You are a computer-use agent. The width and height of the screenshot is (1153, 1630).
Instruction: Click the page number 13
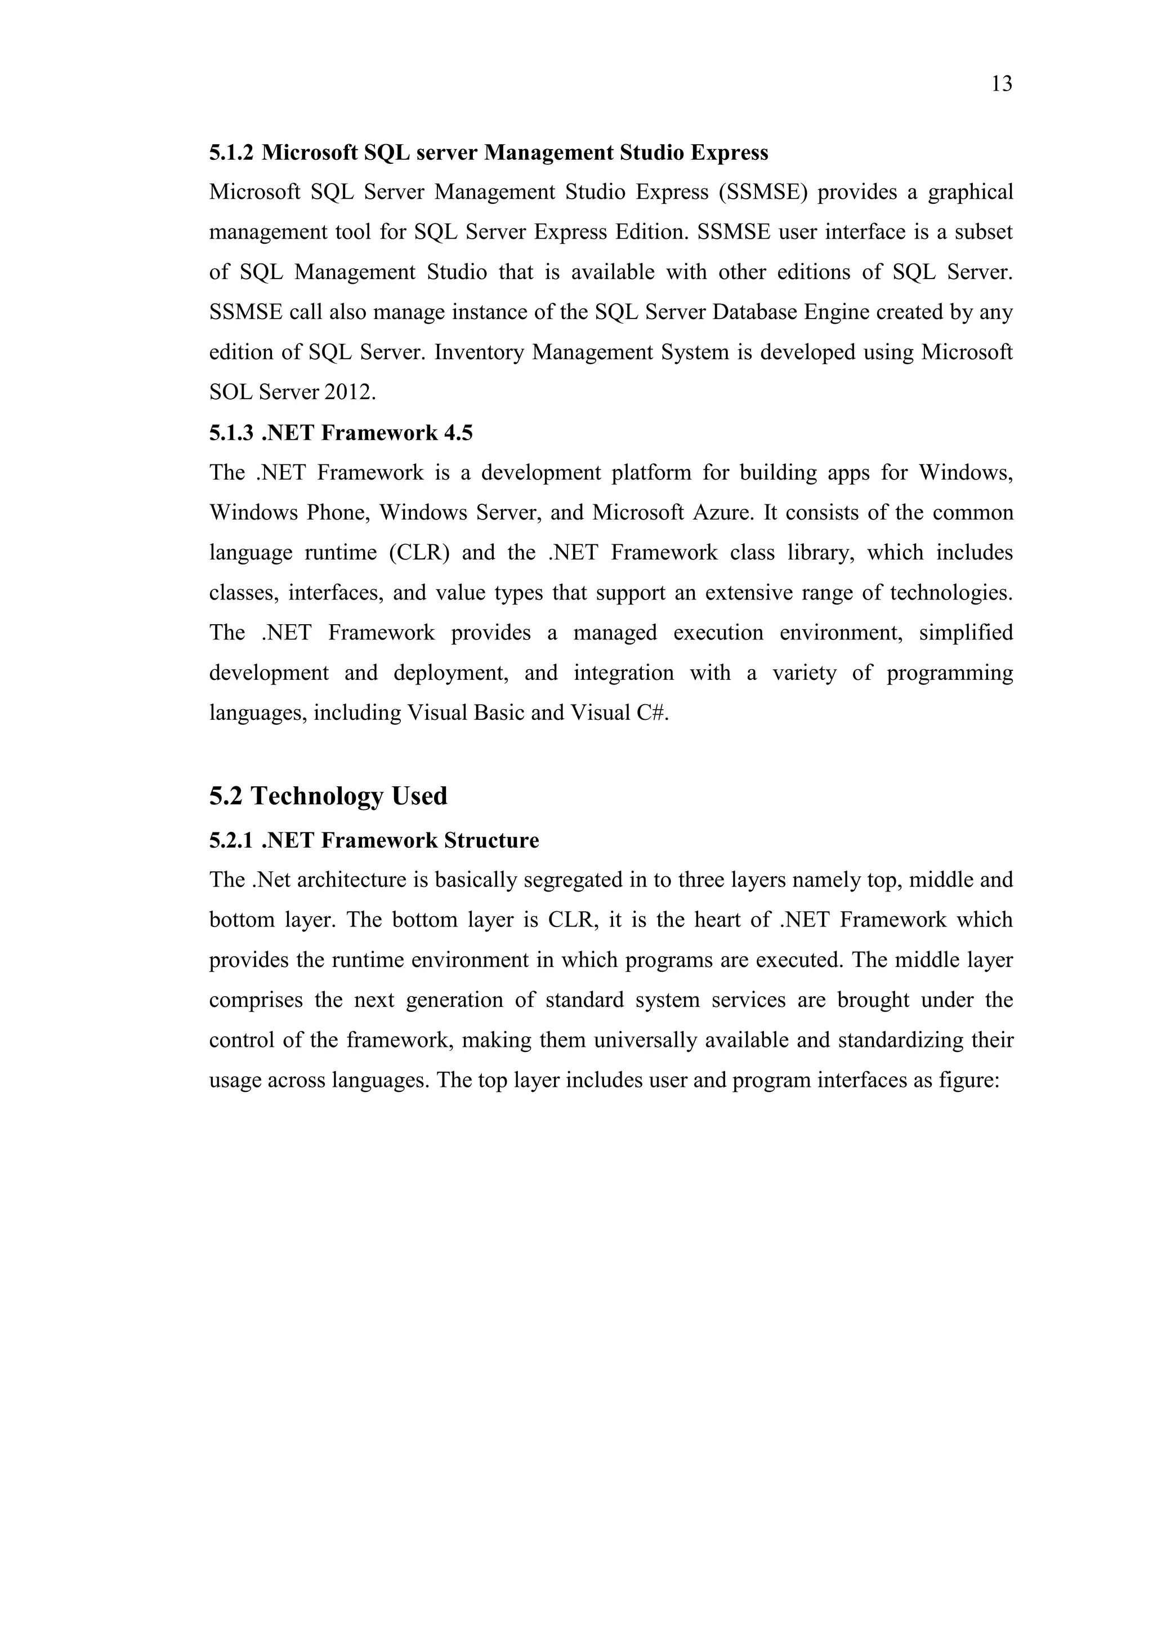1001,84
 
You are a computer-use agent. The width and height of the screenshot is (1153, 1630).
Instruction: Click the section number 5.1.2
231,153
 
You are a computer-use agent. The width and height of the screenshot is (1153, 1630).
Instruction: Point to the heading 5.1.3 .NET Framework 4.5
341,433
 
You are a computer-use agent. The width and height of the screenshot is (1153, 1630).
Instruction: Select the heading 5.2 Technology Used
328,796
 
